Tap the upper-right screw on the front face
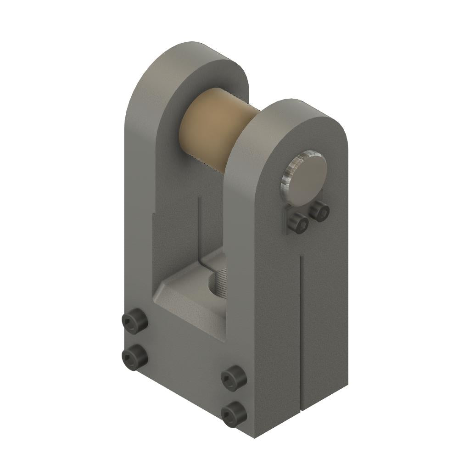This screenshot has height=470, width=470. pyautogui.click(x=233, y=378)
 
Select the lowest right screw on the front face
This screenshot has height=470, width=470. pyautogui.click(x=233, y=413)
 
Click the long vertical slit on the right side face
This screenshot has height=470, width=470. pyautogui.click(x=300, y=330)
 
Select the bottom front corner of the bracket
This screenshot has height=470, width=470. pyautogui.click(x=255, y=436)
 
